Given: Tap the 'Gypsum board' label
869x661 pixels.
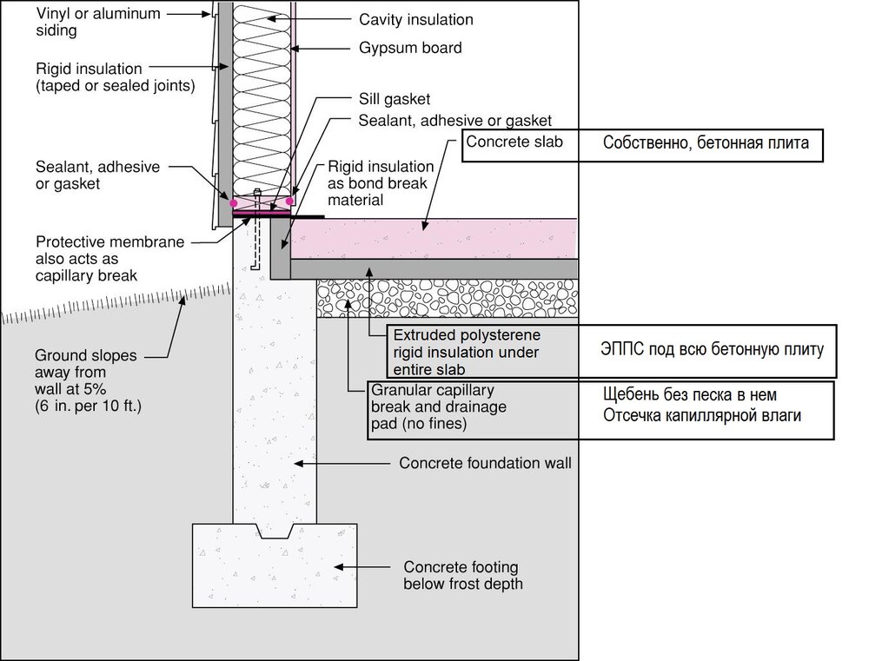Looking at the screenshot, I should [409, 49].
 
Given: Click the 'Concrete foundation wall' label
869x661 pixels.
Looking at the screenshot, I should [485, 464].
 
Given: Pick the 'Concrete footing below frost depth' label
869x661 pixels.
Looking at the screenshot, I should [463, 574].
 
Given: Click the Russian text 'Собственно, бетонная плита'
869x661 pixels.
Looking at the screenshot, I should [706, 143].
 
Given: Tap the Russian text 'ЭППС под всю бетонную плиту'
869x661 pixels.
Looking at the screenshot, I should [712, 349].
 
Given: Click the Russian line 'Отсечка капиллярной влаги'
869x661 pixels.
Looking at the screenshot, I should [702, 416].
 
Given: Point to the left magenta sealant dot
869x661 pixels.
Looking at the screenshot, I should [234, 202].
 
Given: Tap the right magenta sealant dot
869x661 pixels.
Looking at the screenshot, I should [289, 202].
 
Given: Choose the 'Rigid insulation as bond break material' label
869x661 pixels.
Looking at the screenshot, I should [380, 182].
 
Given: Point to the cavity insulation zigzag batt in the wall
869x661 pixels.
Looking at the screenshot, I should [261, 96].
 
